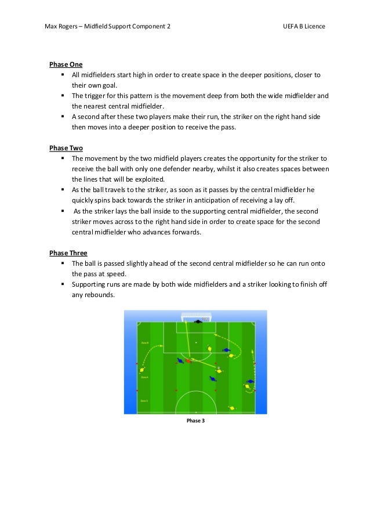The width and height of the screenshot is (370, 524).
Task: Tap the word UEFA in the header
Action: pos(291,27)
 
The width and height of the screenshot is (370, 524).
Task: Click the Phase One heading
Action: pos(66,64)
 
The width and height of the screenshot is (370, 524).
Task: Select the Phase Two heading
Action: pos(66,147)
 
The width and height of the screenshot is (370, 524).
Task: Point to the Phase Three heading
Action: pos(67,252)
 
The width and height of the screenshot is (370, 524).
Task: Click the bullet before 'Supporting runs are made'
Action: pos(61,284)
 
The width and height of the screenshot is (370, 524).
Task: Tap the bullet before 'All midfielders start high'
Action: pos(61,75)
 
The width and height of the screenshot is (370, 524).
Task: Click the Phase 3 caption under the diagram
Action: pos(195,421)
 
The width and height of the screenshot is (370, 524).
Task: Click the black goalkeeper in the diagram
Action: pos(198,321)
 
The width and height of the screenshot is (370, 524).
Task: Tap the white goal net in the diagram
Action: pos(196,317)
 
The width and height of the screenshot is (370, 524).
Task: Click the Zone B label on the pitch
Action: pos(145,344)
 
